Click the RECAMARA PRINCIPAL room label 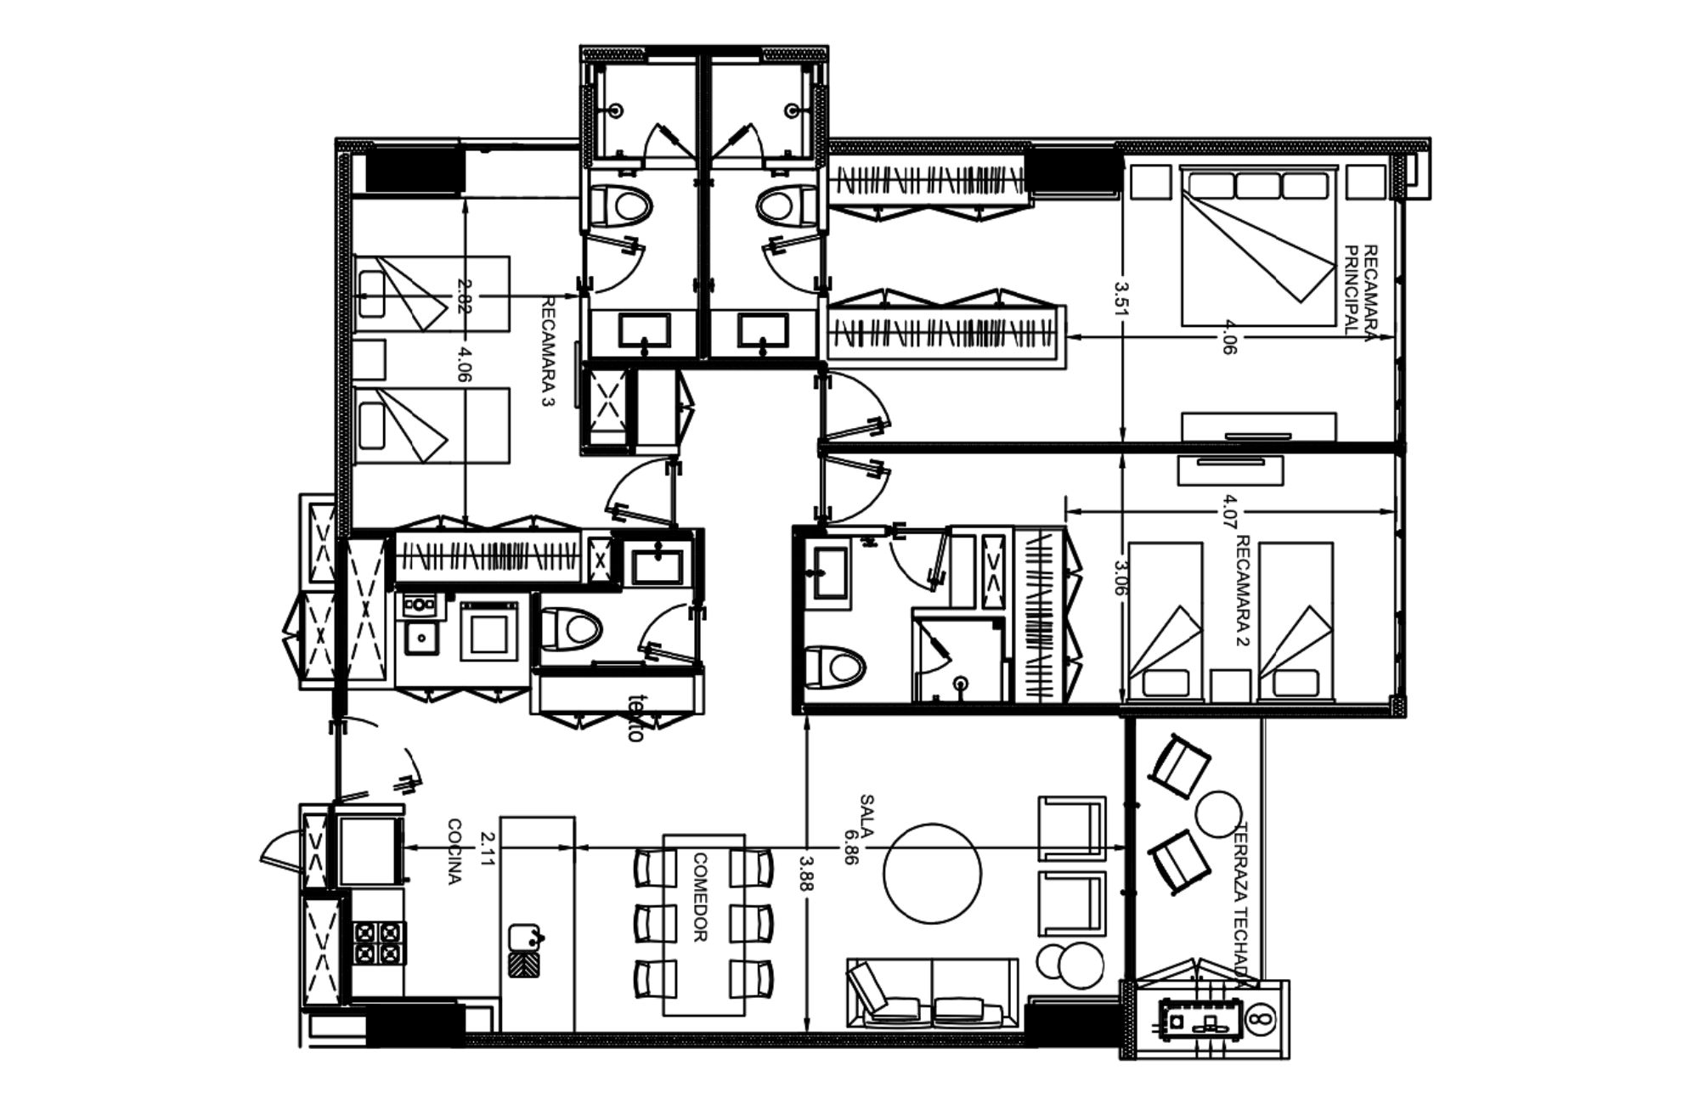(1362, 291)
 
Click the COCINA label (454, 852)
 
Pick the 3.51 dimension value (1120, 298)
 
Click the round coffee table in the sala (932, 872)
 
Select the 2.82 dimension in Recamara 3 (464, 296)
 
